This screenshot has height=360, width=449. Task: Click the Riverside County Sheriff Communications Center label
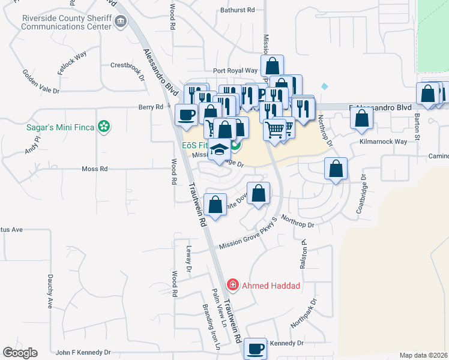pyautogui.click(x=66, y=22)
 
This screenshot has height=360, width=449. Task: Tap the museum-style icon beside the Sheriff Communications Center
pyautogui.click(x=121, y=22)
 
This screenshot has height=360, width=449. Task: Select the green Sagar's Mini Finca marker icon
pyautogui.click(x=104, y=126)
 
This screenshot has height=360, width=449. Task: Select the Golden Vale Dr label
pyautogui.click(x=41, y=82)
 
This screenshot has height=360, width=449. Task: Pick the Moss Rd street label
pyautogui.click(x=94, y=169)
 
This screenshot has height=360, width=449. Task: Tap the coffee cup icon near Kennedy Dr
pyautogui.click(x=256, y=347)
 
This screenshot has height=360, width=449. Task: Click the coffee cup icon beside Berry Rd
pyautogui.click(x=186, y=114)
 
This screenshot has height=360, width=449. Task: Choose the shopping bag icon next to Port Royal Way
pyautogui.click(x=272, y=65)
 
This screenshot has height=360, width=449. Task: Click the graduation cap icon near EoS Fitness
pyautogui.click(x=220, y=150)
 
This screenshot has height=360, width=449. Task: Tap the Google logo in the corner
pyautogui.click(x=20, y=353)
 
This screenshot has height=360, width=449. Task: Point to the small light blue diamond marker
pyautogui.click(x=325, y=86)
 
